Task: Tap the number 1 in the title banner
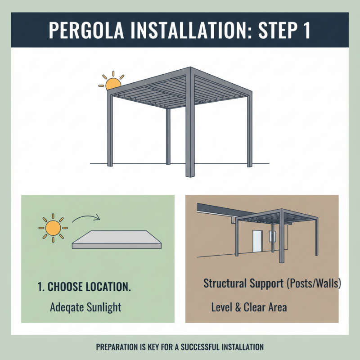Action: [304, 30]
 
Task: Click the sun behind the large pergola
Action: [112, 83]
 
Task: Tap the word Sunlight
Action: [104, 308]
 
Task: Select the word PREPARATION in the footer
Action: [118, 347]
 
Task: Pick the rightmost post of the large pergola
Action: [248, 130]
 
